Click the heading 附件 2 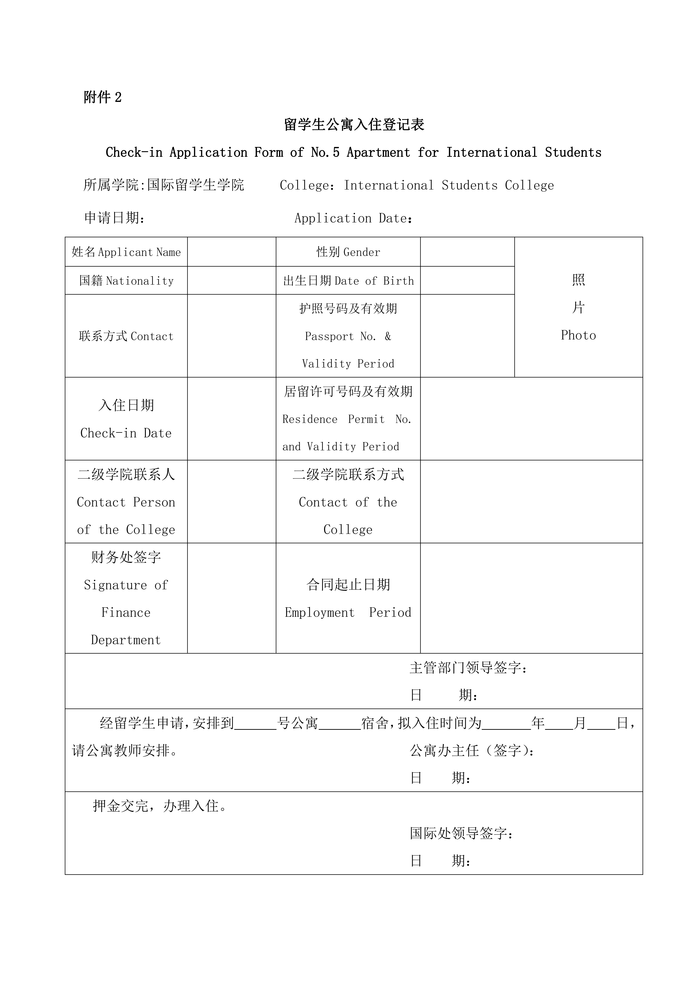pos(102,98)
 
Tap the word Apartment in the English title pos(378,153)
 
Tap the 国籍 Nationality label pos(126,281)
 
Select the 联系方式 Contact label pos(126,336)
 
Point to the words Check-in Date pos(126,433)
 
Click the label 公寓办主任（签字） pos(472,751)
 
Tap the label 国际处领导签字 pos(461,834)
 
